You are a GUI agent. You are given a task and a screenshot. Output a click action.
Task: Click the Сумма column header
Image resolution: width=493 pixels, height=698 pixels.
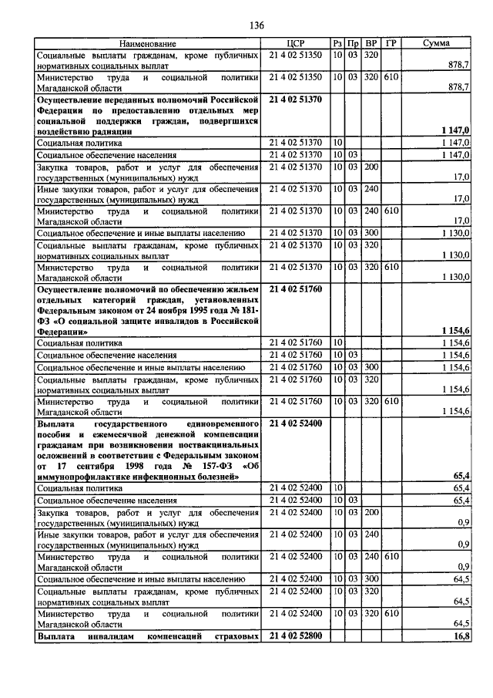[437, 44]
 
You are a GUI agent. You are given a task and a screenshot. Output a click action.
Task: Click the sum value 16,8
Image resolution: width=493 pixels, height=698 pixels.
[461, 636]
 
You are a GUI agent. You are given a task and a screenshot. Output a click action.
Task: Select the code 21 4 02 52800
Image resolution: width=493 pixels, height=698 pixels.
[296, 636]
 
